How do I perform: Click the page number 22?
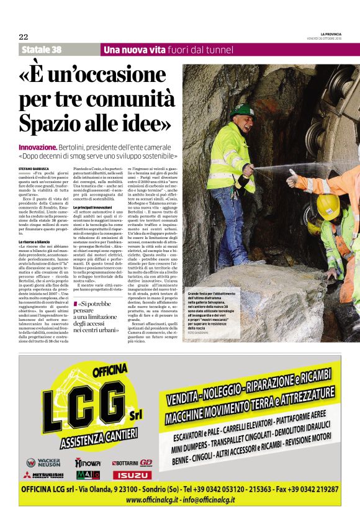pyautogui.click(x=24, y=37)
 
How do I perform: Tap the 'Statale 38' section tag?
pyautogui.click(x=42, y=50)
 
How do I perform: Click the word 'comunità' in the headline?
pyautogui.click(x=119, y=99)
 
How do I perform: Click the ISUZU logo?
pyautogui.click(x=131, y=475)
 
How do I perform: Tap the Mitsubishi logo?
pyautogui.click(x=43, y=475)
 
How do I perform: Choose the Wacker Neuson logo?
pyautogui.click(x=43, y=462)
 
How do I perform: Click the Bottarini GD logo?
pyautogui.click(x=131, y=462)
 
